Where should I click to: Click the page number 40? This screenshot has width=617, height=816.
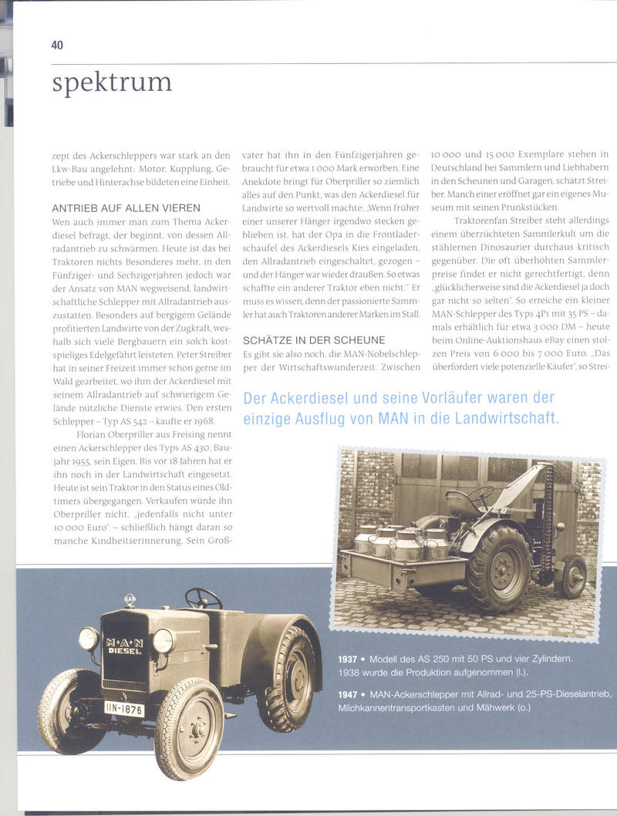[x=57, y=45]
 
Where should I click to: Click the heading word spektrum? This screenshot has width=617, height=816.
[x=112, y=82]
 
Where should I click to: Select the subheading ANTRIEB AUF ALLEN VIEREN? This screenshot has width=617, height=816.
[x=126, y=207]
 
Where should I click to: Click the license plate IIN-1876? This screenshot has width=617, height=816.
[x=124, y=708]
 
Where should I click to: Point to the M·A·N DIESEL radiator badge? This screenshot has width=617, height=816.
[x=123, y=646]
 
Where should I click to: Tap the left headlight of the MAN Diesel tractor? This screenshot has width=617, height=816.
[x=89, y=638]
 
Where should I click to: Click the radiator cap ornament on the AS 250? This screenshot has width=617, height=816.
[x=130, y=600]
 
